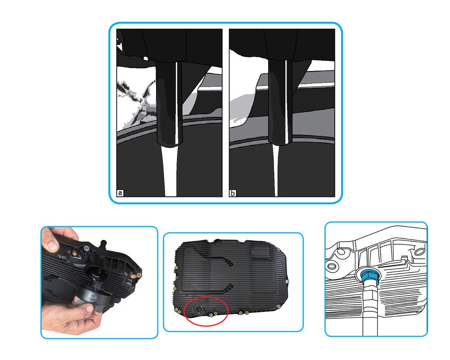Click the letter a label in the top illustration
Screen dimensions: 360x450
pos(120,193)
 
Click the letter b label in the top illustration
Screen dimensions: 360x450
pos(233,193)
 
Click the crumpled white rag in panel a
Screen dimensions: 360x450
pos(135,99)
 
